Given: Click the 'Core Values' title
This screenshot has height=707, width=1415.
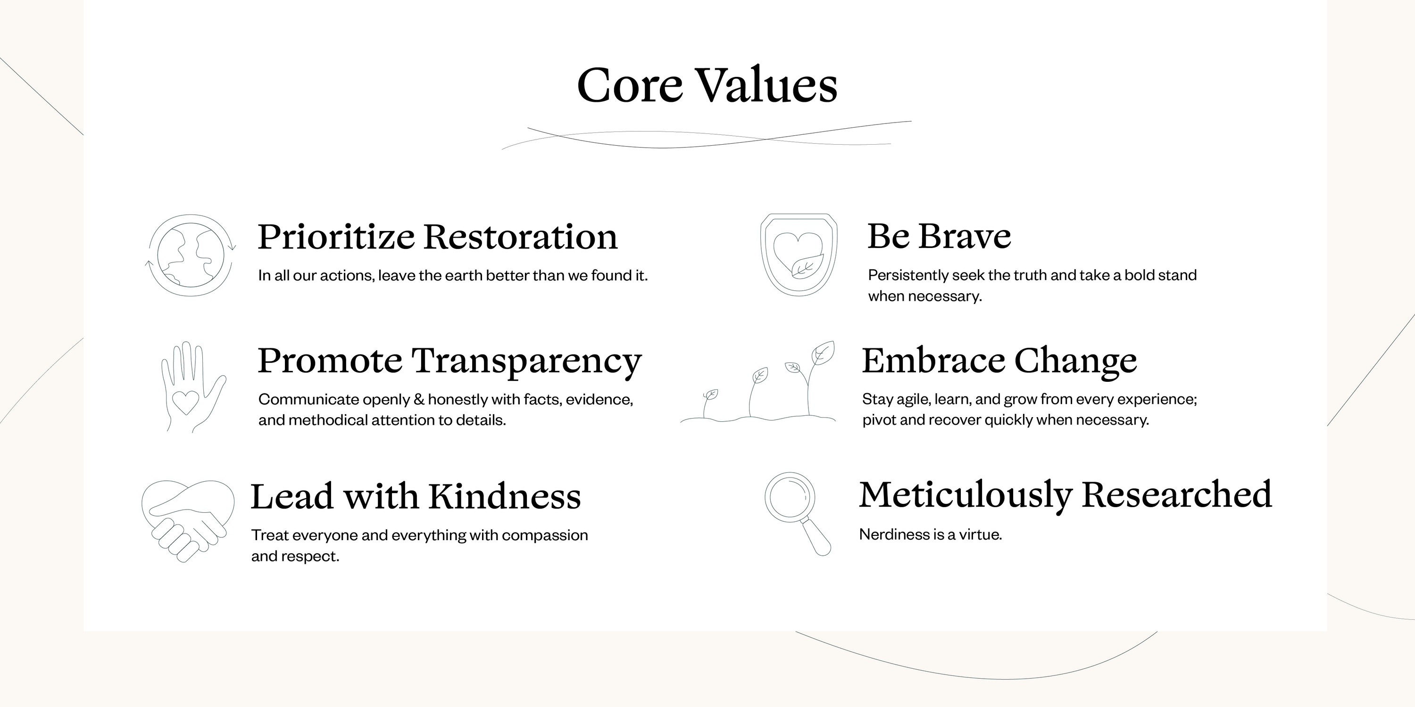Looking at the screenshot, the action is pyautogui.click(x=707, y=85).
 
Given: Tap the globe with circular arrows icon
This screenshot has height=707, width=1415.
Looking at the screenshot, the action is pyautogui.click(x=190, y=255).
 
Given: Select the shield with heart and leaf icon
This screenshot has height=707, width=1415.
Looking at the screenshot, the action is pyautogui.click(x=799, y=255).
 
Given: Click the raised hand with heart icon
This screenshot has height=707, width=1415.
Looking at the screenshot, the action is pyautogui.click(x=193, y=387).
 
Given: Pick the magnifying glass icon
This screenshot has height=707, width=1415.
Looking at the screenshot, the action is pyautogui.click(x=797, y=513).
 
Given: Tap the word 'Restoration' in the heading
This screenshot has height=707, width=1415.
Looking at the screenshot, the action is pyautogui.click(x=521, y=237).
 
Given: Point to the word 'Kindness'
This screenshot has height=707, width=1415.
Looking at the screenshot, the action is pyautogui.click(x=504, y=496).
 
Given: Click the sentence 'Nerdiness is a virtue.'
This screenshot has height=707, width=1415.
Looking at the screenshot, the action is pyautogui.click(x=931, y=534).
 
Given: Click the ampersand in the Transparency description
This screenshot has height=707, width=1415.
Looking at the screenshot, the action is pyautogui.click(x=418, y=399).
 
